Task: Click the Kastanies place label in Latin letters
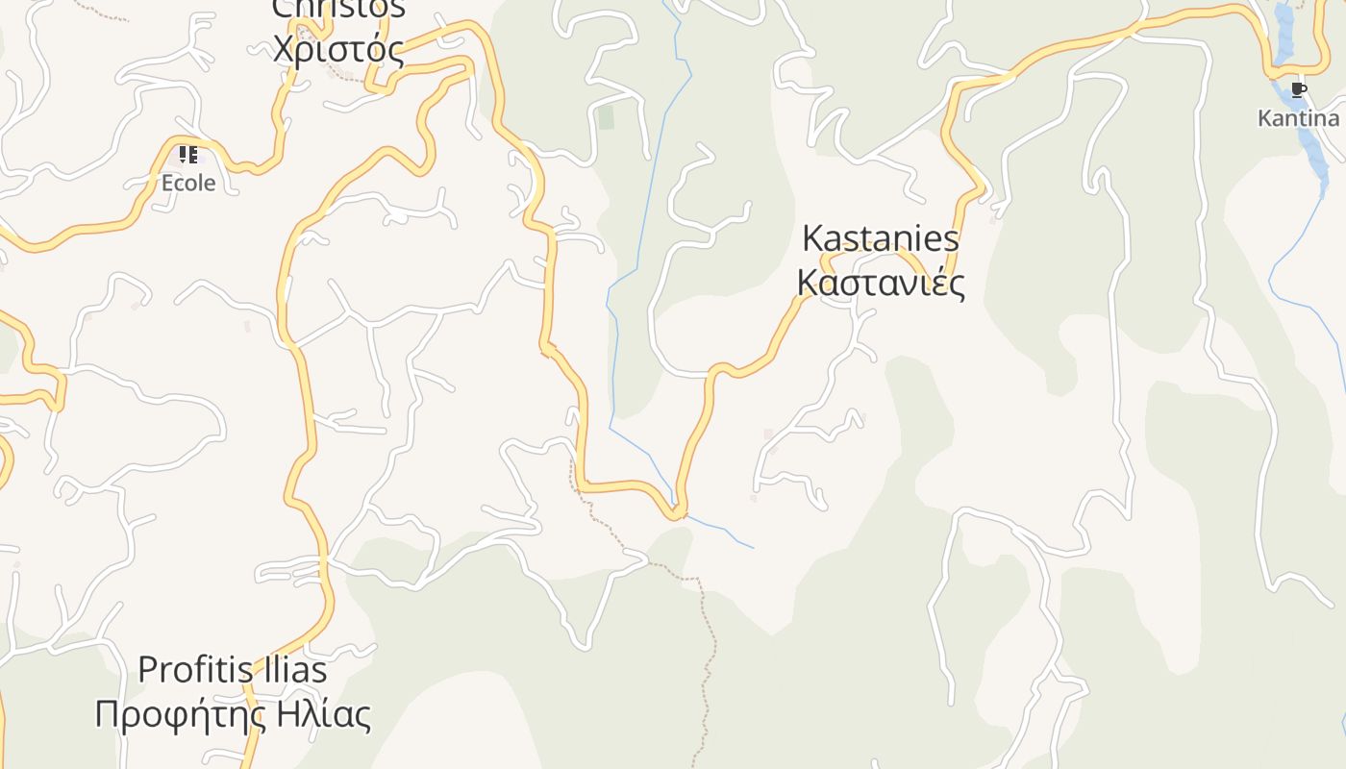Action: [x=880, y=238]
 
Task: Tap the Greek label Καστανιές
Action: [x=880, y=283]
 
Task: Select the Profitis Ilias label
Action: [x=233, y=669]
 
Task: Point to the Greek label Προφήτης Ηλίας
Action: [x=233, y=715]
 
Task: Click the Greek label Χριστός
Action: [x=337, y=48]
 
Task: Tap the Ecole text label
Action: [x=188, y=183]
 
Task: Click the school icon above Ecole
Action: [x=188, y=155]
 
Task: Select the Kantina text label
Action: [x=1298, y=118]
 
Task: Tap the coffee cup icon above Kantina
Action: [x=1299, y=90]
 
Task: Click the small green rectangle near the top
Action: [x=606, y=118]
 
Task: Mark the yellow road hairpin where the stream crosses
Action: [x=678, y=511]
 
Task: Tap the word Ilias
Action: [x=284, y=669]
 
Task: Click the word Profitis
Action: [x=186, y=669]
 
